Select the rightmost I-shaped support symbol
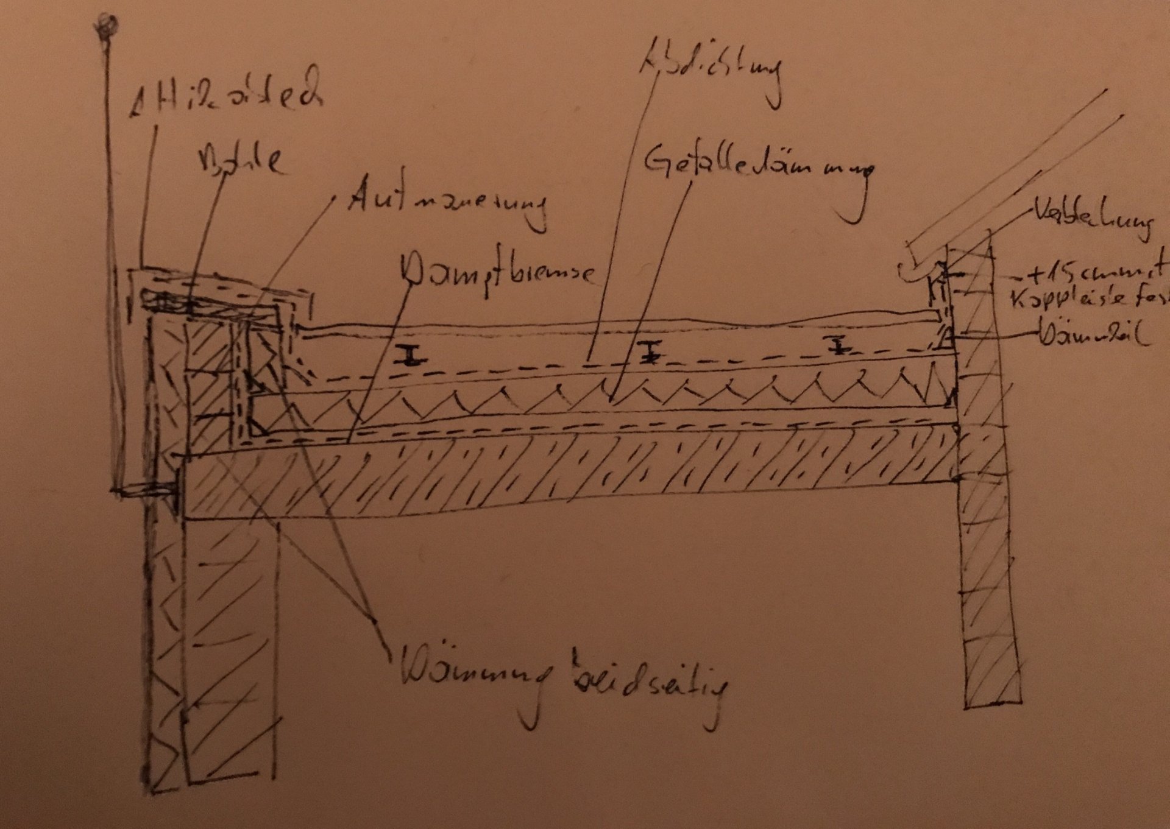(x=839, y=344)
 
